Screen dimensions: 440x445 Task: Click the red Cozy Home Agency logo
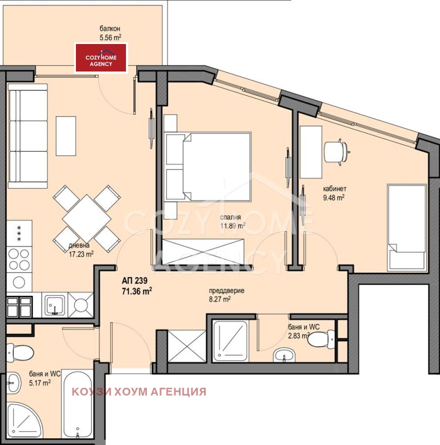(101, 58)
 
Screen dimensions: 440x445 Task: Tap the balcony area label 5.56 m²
(111, 38)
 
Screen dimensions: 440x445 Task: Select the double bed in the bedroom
(208, 167)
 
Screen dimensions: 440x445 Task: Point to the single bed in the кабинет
(407, 227)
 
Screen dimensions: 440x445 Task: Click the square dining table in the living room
(87, 219)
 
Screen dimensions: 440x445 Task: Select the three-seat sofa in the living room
(28, 136)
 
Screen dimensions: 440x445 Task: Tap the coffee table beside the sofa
(66, 136)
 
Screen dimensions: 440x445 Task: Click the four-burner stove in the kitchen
(19, 260)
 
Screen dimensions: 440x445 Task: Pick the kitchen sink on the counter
(54, 305)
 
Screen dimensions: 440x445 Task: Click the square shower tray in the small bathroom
(230, 341)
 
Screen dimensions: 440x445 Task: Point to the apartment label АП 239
(135, 281)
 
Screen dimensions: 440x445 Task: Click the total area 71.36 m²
(137, 291)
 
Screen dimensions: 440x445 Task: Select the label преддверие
(227, 291)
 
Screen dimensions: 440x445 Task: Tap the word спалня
(230, 217)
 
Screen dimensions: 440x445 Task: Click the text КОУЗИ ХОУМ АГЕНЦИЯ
(139, 392)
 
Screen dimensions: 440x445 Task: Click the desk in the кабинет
(311, 152)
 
